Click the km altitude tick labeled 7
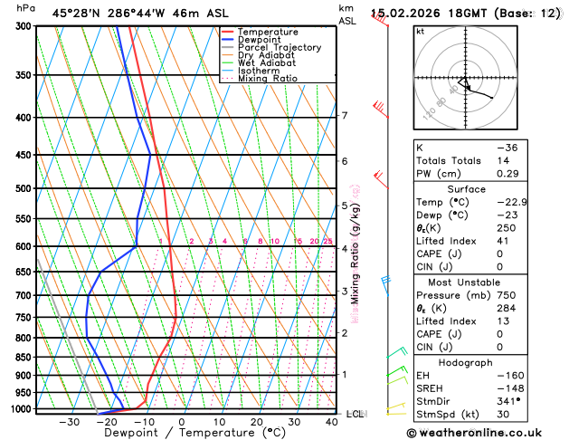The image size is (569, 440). click(x=344, y=116)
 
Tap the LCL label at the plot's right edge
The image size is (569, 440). click(x=355, y=414)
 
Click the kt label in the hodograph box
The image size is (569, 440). click(x=420, y=32)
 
